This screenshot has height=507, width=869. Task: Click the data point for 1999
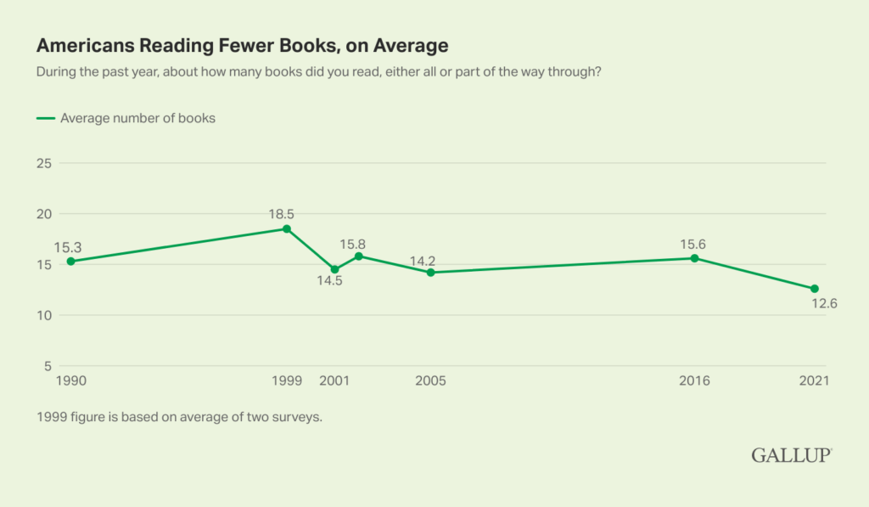click(287, 228)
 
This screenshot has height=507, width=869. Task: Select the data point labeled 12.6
click(815, 289)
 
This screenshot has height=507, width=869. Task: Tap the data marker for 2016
click(694, 258)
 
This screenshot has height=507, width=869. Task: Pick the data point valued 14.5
click(334, 269)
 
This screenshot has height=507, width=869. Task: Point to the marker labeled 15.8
click(359, 256)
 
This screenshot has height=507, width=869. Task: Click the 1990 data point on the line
click(70, 262)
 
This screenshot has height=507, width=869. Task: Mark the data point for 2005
click(431, 273)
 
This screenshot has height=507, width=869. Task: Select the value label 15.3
click(70, 247)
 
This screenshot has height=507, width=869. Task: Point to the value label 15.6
click(693, 244)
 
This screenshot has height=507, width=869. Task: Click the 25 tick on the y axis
click(45, 162)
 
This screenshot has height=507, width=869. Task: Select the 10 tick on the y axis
click(45, 315)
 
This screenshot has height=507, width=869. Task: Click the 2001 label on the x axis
click(334, 381)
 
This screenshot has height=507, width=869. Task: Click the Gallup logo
click(791, 456)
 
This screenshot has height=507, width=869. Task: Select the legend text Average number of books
click(137, 118)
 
